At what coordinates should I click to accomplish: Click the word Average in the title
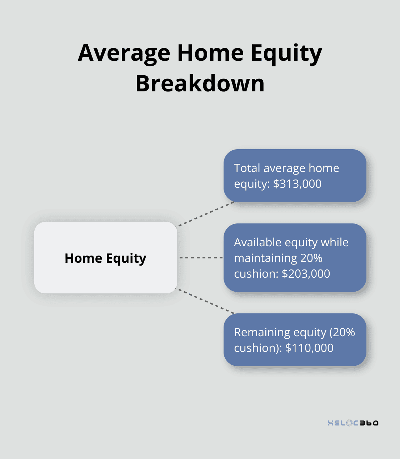point(124,53)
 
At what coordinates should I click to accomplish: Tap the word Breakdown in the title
point(200,84)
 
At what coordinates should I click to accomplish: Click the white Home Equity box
point(106,258)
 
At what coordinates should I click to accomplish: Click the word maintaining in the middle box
point(265,258)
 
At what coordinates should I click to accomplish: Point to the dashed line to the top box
point(205,214)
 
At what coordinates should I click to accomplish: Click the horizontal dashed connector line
point(200,257)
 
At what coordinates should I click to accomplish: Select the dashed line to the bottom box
point(205,301)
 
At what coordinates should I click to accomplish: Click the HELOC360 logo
point(353,423)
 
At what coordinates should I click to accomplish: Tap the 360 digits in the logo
point(369,423)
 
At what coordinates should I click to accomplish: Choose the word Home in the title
point(210,53)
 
